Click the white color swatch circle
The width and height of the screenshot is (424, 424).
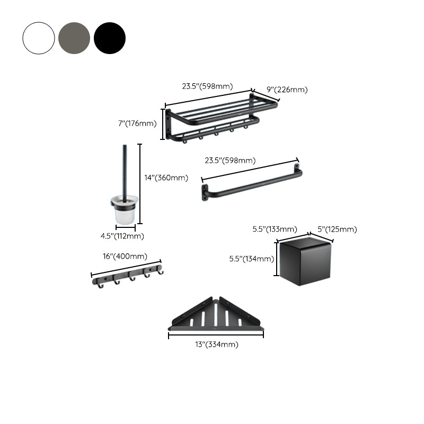(x=39, y=38)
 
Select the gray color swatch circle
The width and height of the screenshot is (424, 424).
(x=74, y=38)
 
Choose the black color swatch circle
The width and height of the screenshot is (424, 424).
(x=110, y=38)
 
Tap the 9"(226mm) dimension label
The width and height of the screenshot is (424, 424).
(x=287, y=90)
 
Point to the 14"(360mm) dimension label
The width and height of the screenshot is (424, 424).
(x=166, y=178)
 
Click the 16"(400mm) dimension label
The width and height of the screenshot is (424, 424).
(x=125, y=256)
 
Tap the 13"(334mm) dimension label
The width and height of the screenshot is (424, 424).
(x=216, y=344)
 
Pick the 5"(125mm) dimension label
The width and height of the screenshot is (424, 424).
(x=337, y=229)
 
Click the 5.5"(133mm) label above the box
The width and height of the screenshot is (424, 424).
(x=274, y=229)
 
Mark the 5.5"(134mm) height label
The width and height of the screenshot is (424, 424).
(x=251, y=259)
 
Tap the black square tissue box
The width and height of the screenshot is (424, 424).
(x=306, y=262)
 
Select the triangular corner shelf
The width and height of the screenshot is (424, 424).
(x=216, y=316)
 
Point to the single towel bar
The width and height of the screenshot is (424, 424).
(x=252, y=183)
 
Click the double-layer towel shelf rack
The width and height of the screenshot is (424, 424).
(x=220, y=119)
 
